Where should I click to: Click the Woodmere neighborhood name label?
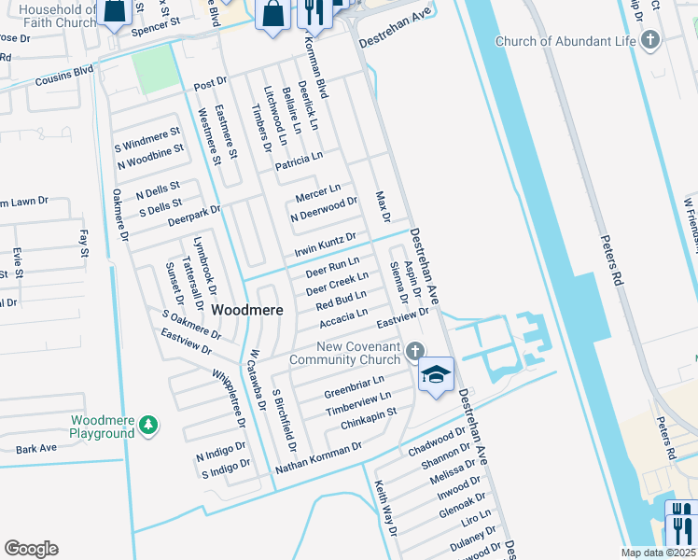click(247, 309)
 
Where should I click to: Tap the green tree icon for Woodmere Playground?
click(147, 427)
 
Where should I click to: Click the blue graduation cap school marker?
click(436, 374)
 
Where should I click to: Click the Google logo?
click(31, 549)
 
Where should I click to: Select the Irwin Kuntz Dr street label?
click(325, 244)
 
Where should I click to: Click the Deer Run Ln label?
click(332, 267)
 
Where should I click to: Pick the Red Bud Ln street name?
click(341, 301)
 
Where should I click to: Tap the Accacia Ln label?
click(343, 318)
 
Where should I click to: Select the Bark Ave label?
click(36, 449)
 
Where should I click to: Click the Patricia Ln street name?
click(299, 161)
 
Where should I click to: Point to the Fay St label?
click(83, 245)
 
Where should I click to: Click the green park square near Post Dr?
click(153, 67)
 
